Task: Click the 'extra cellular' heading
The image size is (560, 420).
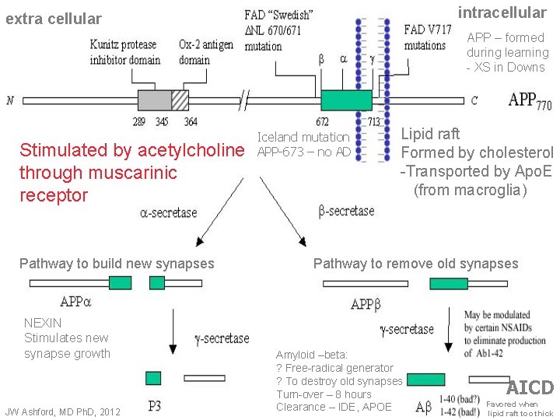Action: point(54,18)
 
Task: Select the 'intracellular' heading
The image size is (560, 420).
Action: point(502,12)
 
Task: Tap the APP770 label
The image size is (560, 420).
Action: point(530,100)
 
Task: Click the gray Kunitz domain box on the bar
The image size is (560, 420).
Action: point(154,100)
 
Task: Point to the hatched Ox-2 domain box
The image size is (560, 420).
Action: point(180,100)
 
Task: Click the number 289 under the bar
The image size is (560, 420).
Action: point(138,121)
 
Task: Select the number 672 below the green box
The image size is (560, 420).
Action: point(322,121)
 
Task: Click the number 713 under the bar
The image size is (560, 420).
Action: point(373,121)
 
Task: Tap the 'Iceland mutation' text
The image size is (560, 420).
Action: point(303,138)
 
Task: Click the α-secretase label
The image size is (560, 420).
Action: point(169,212)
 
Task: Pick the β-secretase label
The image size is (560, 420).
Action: point(346,211)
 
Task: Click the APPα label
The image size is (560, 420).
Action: point(75,302)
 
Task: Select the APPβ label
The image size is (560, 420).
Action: point(366,304)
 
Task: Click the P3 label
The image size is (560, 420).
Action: point(156,405)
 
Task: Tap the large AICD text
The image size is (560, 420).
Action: point(530,387)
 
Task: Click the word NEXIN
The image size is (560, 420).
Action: point(43,322)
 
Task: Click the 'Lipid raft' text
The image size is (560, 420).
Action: point(430,134)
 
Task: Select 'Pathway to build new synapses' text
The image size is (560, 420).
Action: point(116,264)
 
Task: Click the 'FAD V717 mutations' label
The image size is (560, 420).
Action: point(427,37)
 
